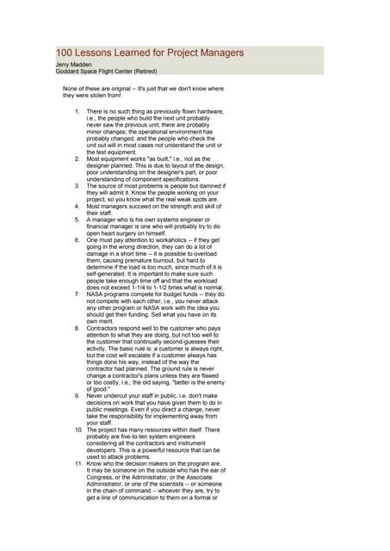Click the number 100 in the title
(65, 53)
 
